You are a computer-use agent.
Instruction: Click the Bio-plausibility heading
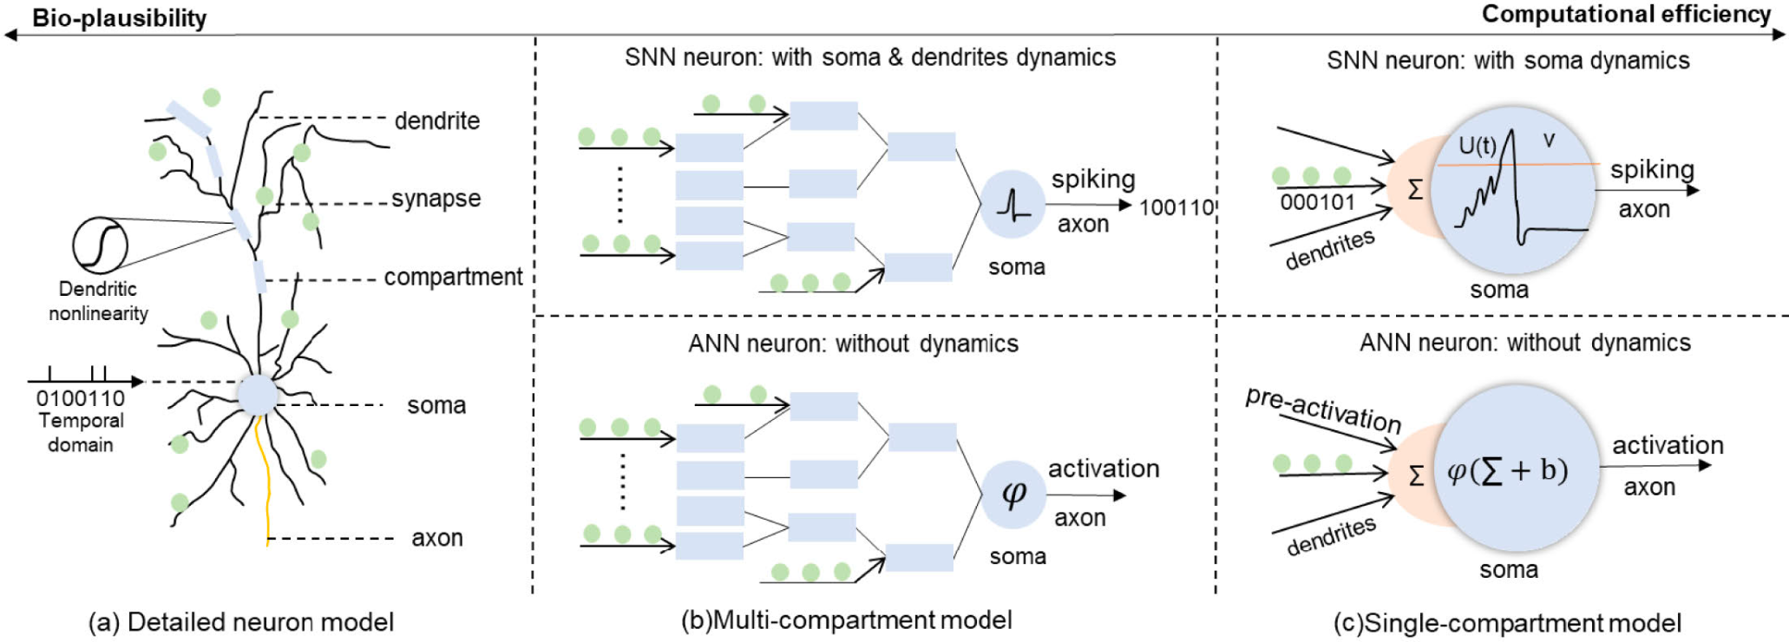click(119, 18)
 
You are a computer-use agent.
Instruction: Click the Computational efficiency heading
click(1626, 15)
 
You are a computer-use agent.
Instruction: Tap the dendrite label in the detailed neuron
click(436, 121)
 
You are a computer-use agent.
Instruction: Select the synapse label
click(436, 199)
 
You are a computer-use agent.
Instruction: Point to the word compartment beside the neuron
click(453, 277)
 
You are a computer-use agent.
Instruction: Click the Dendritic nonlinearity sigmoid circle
click(100, 245)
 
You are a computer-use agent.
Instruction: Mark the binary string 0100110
click(80, 399)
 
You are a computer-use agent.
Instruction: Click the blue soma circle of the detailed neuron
click(257, 395)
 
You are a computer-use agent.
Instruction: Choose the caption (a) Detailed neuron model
click(240, 622)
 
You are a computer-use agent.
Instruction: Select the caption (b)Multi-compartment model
click(846, 620)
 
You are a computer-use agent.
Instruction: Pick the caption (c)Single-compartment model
click(1507, 623)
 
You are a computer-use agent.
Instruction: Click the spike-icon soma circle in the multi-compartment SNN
click(1012, 204)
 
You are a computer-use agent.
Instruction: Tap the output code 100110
click(1176, 207)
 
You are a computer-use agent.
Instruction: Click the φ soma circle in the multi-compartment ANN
click(1013, 495)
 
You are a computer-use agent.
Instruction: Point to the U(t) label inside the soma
click(1477, 146)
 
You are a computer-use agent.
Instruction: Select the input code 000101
click(1317, 202)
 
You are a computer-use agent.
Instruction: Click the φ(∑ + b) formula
click(1508, 470)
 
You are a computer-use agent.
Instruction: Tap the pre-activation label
click(1323, 409)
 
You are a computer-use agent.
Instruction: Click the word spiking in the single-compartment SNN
click(1652, 169)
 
